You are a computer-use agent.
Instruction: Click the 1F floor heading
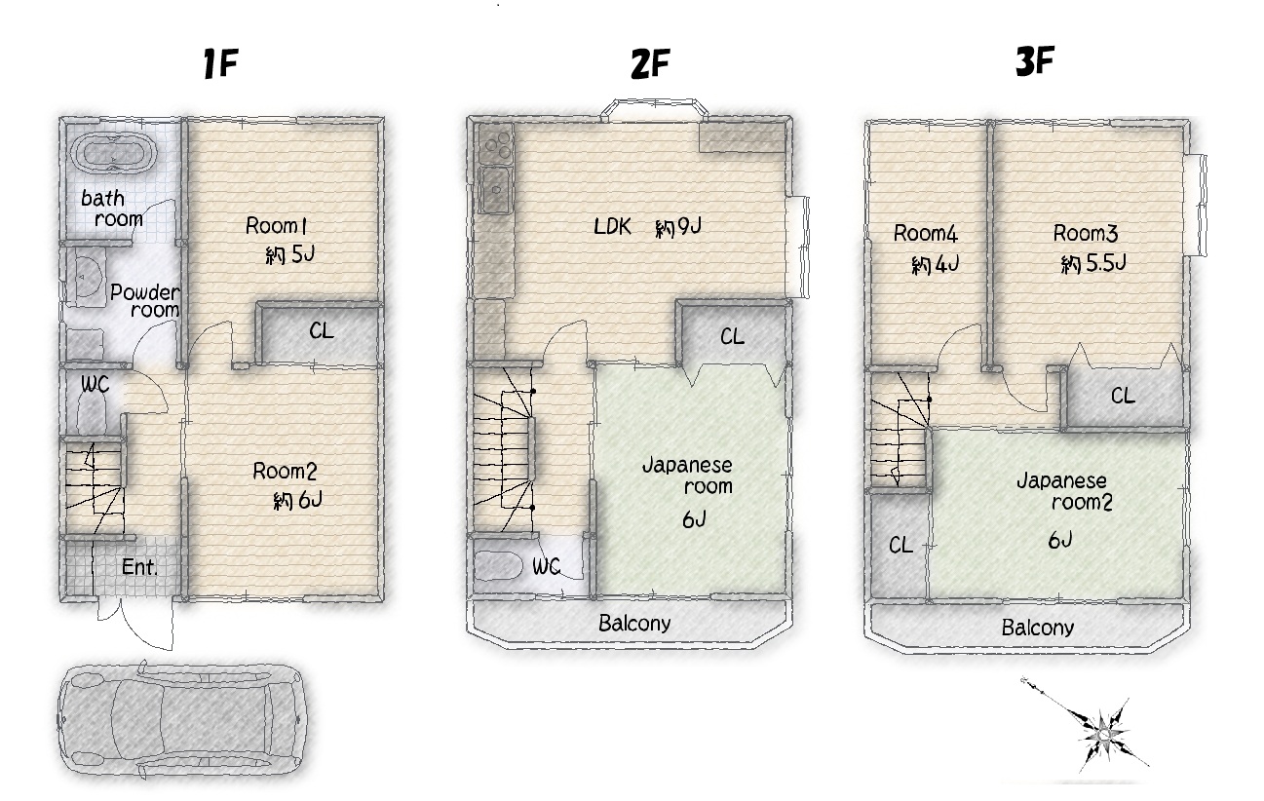pyautogui.click(x=220, y=63)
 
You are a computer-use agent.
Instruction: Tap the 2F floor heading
pyautogui.click(x=650, y=63)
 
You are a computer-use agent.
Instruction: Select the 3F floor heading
pyautogui.click(x=1035, y=61)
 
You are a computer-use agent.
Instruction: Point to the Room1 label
pyautogui.click(x=277, y=226)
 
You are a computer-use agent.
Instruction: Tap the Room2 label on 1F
pyautogui.click(x=285, y=471)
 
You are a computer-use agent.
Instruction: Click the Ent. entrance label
pyautogui.click(x=140, y=567)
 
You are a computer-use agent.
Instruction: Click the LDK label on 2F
pyautogui.click(x=612, y=227)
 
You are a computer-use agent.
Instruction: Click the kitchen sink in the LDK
pyautogui.click(x=495, y=190)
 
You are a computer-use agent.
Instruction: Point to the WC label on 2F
pyautogui.click(x=546, y=566)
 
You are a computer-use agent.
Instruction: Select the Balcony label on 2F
pyautogui.click(x=634, y=624)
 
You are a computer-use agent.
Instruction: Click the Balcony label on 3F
pyautogui.click(x=1038, y=628)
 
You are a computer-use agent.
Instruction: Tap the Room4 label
pyautogui.click(x=926, y=234)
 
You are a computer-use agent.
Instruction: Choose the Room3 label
pyautogui.click(x=1086, y=233)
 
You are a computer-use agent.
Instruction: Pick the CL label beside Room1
pyautogui.click(x=321, y=330)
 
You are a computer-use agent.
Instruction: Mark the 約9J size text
pyautogui.click(x=678, y=227)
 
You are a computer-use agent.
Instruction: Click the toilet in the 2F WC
pyautogui.click(x=497, y=566)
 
